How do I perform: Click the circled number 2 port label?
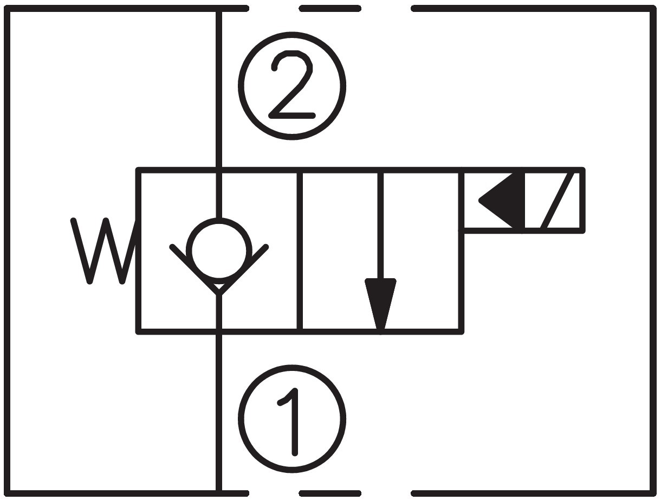coord(292,86)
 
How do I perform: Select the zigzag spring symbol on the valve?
coord(103,251)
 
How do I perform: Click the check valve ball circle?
coord(219,251)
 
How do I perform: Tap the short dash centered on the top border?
coord(330,8)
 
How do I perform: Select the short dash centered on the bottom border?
coord(330,493)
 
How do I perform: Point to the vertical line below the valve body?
coord(219,412)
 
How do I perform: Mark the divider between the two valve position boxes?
coord(300,251)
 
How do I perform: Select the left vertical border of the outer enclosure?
coord(8,251)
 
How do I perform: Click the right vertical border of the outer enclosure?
coord(652,251)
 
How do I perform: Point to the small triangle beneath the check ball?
coord(219,286)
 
